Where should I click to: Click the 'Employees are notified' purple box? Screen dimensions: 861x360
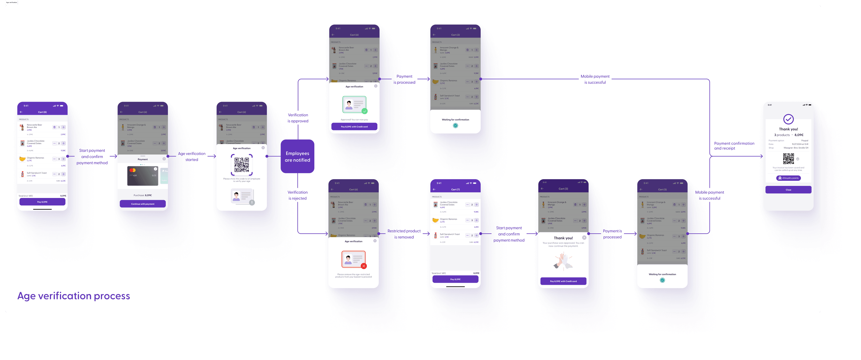tap(297, 156)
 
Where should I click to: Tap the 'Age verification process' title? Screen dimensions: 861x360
tap(73, 296)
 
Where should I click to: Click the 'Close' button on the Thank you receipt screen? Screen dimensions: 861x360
tap(788, 190)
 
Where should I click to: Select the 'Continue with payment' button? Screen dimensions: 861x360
tap(143, 204)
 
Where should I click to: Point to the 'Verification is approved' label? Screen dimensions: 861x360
tap(298, 118)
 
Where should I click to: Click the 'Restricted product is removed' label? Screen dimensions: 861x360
tap(404, 234)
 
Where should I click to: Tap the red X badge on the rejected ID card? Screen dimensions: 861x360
tap(364, 266)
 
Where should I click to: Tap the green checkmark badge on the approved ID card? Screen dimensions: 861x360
tap(364, 111)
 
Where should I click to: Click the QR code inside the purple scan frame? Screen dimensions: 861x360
tap(242, 164)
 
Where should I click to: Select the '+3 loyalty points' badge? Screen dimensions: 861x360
tap(788, 178)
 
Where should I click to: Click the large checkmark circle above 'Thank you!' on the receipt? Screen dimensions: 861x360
tap(788, 119)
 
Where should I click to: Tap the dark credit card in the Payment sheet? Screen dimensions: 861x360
tap(142, 176)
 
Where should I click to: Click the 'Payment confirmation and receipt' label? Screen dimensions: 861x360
tap(734, 146)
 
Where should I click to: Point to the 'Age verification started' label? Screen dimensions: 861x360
tap(192, 156)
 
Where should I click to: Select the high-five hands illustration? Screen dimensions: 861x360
tap(563, 261)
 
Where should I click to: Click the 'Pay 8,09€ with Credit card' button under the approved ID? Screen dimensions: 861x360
tap(354, 127)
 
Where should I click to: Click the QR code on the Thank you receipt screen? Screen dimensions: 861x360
tap(788, 159)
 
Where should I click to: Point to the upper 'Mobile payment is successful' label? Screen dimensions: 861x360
tap(595, 79)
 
